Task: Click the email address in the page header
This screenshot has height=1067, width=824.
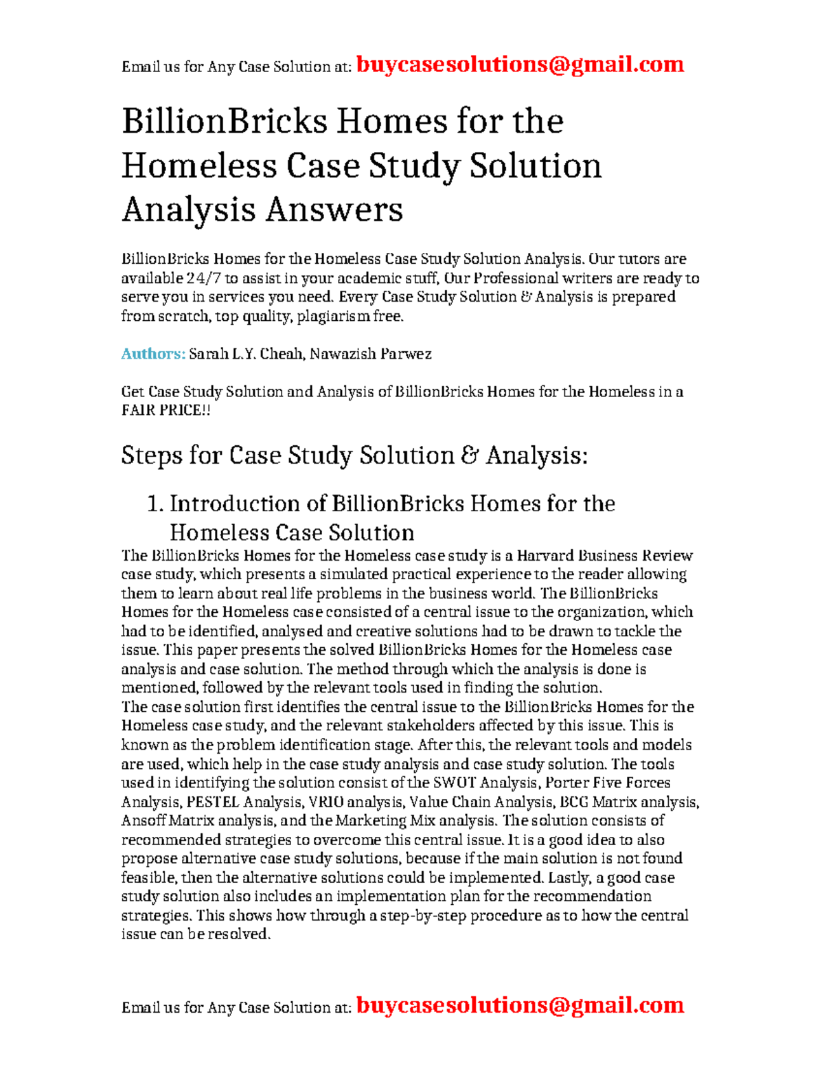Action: pos(520,65)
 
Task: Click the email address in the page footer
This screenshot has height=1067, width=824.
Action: pos(520,1005)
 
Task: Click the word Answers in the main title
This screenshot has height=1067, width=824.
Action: pos(334,210)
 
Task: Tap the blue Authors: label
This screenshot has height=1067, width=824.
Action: pos(153,354)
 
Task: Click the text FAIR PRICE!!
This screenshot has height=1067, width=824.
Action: pos(165,410)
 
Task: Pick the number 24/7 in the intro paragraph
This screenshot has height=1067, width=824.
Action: pos(203,278)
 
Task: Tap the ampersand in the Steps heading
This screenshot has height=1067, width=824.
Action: pos(470,456)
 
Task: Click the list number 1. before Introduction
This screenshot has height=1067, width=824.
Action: pos(155,504)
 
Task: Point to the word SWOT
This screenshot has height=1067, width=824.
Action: pos(454,783)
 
